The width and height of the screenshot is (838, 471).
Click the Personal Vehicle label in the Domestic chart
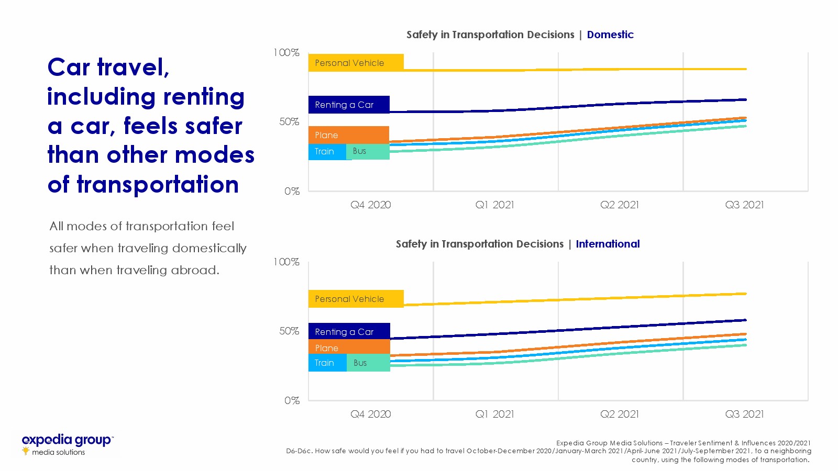tap(350, 63)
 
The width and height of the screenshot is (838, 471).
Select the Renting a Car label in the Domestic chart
tap(345, 105)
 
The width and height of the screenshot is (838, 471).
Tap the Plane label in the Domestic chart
tap(327, 135)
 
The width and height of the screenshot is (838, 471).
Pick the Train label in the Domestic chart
tap(325, 151)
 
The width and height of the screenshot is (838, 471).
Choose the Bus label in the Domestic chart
tap(360, 151)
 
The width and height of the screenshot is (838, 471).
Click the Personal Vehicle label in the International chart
tap(350, 299)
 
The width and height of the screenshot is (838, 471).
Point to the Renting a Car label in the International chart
tap(345, 332)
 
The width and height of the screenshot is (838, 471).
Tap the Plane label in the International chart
tap(327, 348)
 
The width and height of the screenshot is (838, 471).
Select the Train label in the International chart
tap(325, 363)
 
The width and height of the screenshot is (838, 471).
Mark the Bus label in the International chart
tap(360, 363)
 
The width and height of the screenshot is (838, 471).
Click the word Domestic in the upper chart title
tap(610, 35)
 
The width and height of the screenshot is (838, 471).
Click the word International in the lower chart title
tap(608, 244)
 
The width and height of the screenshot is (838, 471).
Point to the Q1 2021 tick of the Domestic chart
tap(495, 205)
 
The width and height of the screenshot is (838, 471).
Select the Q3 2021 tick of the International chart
tap(744, 414)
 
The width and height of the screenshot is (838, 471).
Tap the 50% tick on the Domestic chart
tap(289, 122)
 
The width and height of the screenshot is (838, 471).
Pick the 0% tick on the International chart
tap(292, 401)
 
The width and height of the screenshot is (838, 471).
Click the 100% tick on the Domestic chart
tap(286, 52)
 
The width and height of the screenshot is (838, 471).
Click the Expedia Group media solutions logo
tap(67, 444)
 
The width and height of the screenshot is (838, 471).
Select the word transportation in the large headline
tap(158, 185)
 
